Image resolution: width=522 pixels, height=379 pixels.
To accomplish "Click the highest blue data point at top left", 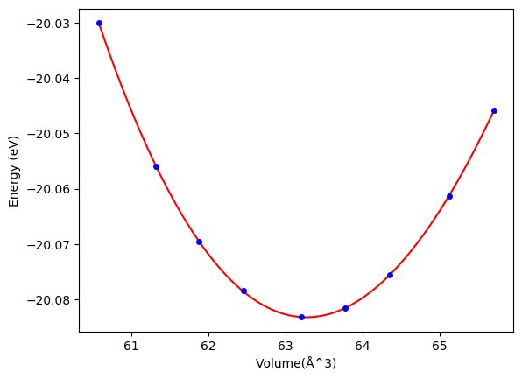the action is pyautogui.click(x=99, y=24).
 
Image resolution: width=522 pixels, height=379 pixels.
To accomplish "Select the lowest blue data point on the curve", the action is pyautogui.click(x=301, y=317).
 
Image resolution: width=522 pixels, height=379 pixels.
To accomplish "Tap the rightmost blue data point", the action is pyautogui.click(x=494, y=111).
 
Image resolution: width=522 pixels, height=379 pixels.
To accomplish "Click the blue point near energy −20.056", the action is pyautogui.click(x=156, y=166).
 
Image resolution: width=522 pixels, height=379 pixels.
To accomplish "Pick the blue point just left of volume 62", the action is pyautogui.click(x=199, y=242).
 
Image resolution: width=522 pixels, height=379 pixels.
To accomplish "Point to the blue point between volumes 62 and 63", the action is pyautogui.click(x=243, y=291).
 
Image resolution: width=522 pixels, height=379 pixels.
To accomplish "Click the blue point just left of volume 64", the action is pyautogui.click(x=346, y=308).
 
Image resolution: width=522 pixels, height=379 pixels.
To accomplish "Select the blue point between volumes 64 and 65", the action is pyautogui.click(x=390, y=275).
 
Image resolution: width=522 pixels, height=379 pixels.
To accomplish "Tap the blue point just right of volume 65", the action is pyautogui.click(x=450, y=197).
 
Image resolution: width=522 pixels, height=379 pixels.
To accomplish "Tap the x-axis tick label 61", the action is pyautogui.click(x=131, y=347).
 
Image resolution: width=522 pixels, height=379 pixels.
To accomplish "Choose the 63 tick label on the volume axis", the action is pyautogui.click(x=286, y=347).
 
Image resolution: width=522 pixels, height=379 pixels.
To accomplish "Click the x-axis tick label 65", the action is pyautogui.click(x=440, y=347).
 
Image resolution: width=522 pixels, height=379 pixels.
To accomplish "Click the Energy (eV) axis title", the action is pyautogui.click(x=14, y=171).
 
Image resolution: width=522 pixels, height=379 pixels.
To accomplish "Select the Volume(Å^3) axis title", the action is pyautogui.click(x=296, y=363).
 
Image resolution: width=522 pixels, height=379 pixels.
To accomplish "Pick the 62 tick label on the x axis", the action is pyautogui.click(x=208, y=347).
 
